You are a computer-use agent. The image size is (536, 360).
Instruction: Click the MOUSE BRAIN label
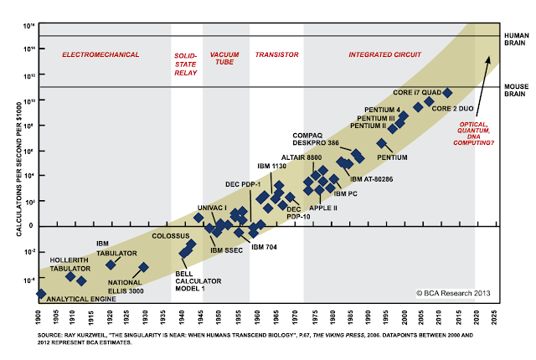(x=513, y=90)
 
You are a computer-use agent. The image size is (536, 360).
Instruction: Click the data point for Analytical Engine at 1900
(x=40, y=294)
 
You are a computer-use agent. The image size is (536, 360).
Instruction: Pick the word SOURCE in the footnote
(x=52, y=334)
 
